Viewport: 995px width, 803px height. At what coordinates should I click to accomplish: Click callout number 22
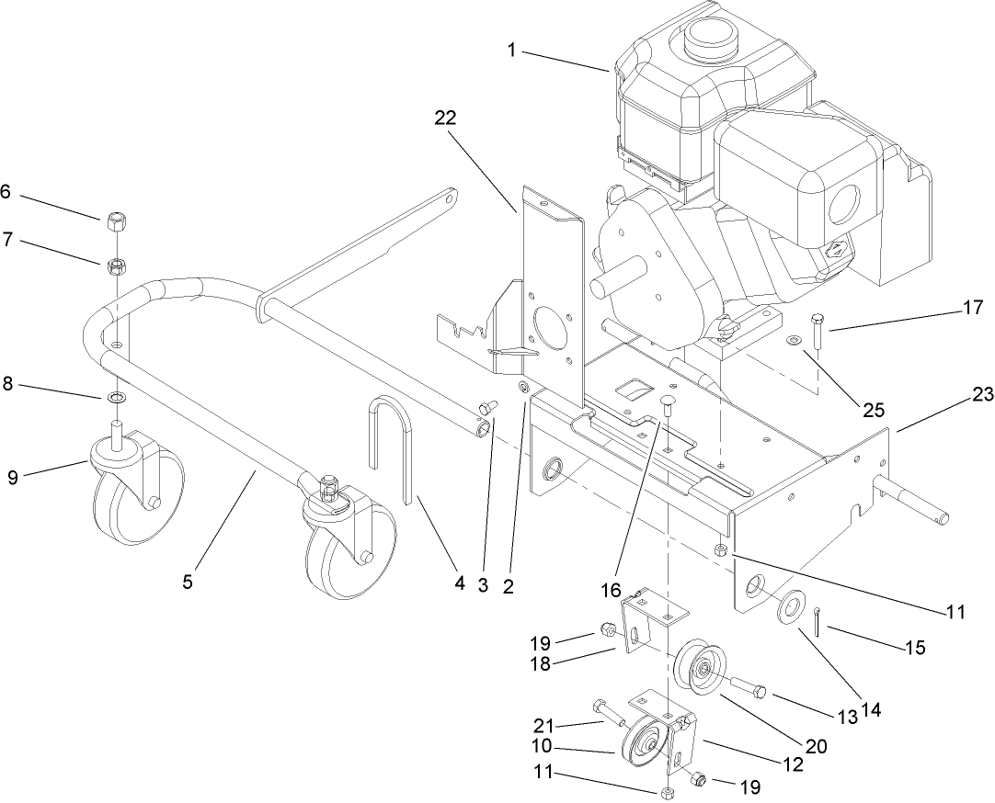(x=446, y=118)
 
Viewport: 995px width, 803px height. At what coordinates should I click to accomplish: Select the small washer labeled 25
(x=793, y=343)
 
